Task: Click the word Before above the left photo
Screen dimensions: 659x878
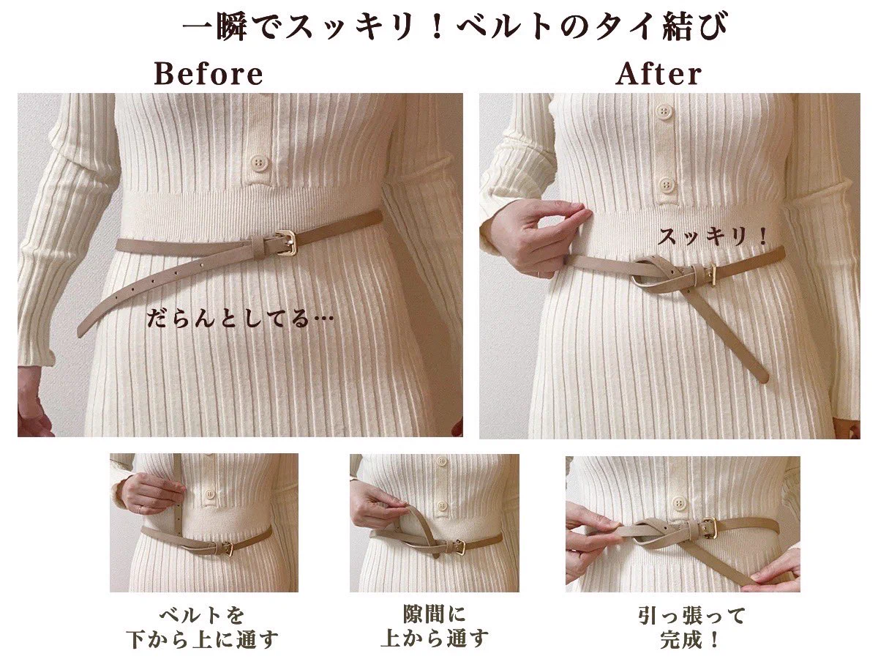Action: [209, 74]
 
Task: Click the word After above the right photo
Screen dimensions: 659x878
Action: [658, 74]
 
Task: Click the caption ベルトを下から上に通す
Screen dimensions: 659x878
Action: [202, 627]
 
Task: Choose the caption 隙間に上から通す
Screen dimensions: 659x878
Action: [435, 626]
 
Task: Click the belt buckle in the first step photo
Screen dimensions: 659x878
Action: [226, 547]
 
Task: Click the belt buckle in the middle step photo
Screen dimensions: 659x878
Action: [460, 546]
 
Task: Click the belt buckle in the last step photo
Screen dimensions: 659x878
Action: [708, 526]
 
